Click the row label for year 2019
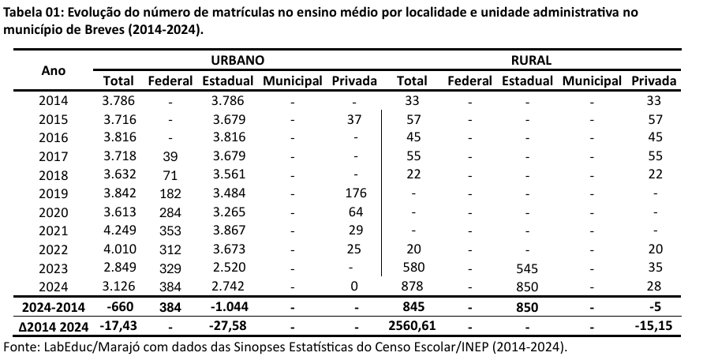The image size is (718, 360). tap(54, 193)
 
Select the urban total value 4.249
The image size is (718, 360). tap(118, 230)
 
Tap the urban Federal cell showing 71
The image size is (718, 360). tap(170, 174)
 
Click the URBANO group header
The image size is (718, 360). tap(237, 60)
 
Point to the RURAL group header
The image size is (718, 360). tap(537, 60)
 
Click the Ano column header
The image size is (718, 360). tap(54, 70)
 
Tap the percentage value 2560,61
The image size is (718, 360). tap(412, 324)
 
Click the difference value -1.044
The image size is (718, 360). tap(227, 306)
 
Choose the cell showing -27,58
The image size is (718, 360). tap(227, 324)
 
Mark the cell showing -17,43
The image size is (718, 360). tap(118, 324)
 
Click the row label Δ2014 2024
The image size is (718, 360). tap(53, 324)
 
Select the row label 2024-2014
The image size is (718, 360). tap(53, 306)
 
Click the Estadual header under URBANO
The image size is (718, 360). tap(227, 81)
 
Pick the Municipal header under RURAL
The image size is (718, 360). tap(592, 81)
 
